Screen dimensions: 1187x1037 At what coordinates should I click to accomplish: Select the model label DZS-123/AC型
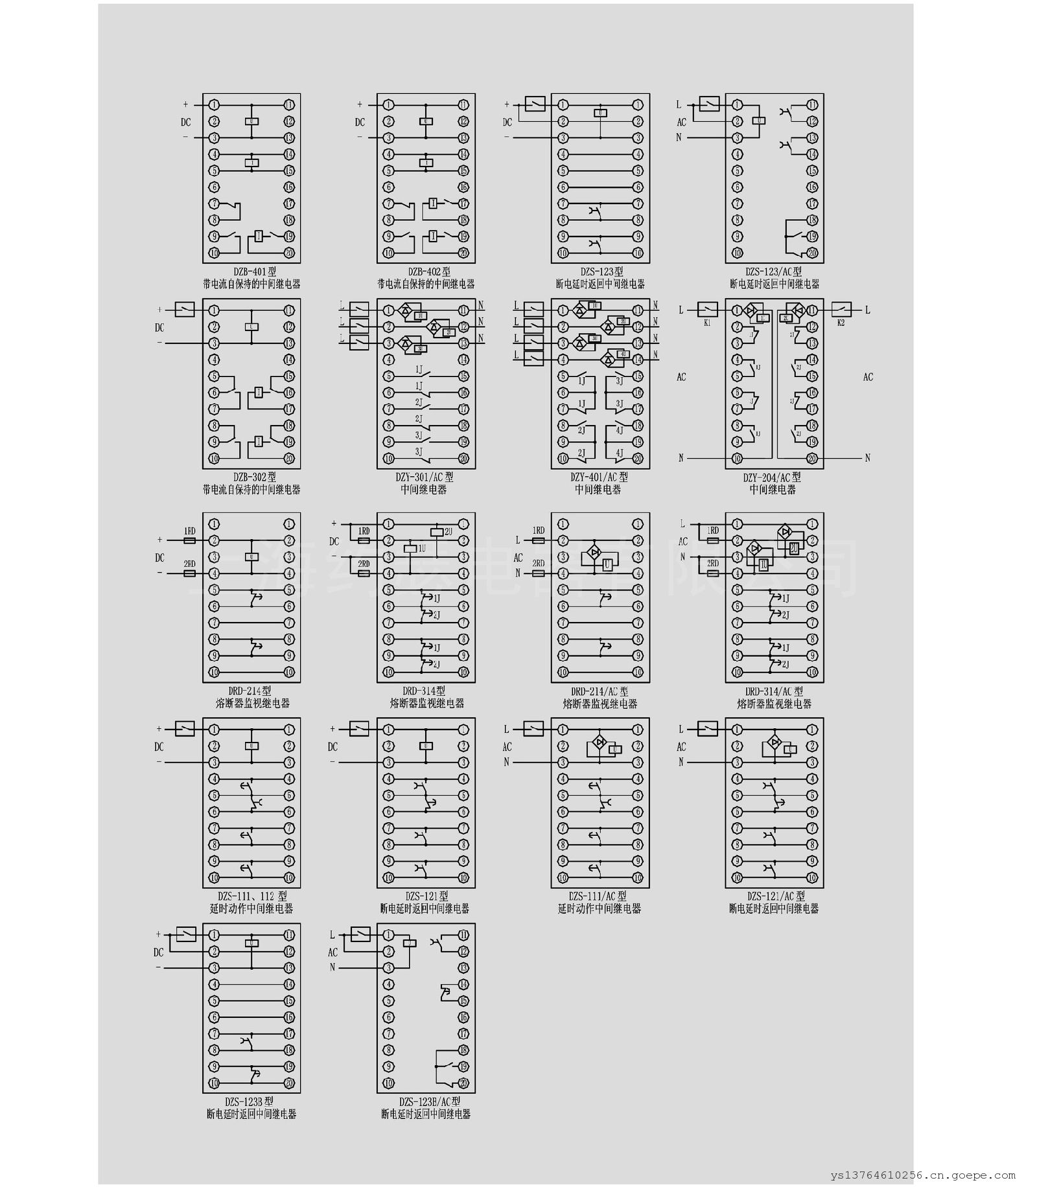(773, 272)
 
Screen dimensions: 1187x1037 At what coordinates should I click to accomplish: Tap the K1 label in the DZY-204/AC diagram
(707, 322)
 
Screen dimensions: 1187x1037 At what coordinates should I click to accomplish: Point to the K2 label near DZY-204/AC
(841, 322)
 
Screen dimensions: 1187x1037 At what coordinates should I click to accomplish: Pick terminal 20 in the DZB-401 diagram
(289, 253)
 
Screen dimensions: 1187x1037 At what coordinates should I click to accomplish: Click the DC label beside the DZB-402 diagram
(360, 122)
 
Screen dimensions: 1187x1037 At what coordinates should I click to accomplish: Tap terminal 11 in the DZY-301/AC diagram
(463, 310)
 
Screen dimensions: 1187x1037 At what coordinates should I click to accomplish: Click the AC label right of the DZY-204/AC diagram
(868, 376)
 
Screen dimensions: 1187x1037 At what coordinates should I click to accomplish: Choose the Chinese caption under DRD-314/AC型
(774, 703)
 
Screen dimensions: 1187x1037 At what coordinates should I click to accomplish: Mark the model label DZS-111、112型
(252, 896)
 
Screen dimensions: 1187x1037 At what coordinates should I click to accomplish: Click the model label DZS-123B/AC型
(430, 1101)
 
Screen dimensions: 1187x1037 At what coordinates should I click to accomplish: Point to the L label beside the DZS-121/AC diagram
(681, 729)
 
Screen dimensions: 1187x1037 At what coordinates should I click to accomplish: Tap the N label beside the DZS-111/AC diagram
(507, 763)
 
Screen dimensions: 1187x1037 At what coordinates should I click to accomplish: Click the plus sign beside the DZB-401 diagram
(185, 104)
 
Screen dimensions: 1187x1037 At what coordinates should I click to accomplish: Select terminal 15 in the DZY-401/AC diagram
(638, 376)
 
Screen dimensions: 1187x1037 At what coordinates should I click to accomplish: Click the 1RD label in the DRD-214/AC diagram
(539, 530)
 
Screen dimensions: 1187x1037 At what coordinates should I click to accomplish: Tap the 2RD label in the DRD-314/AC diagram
(713, 563)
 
